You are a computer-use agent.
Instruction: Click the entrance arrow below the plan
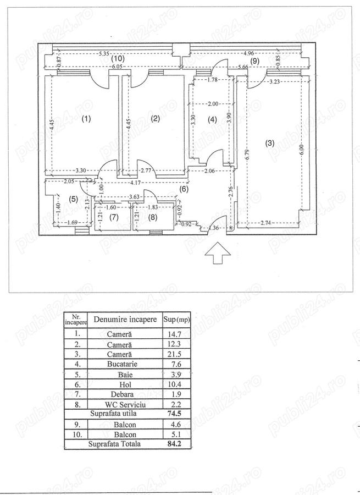pos(218,252)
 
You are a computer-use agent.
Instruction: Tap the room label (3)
pos(269,143)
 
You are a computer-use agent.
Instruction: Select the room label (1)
pos(86,119)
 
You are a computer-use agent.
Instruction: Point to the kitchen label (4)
pos(212,119)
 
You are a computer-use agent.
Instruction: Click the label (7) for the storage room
pos(114,217)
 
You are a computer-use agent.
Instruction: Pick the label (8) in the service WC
pos(152,217)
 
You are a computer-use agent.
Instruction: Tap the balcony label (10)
pos(118,58)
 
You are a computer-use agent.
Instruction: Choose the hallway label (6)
pos(184,189)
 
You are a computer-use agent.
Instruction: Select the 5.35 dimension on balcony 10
pos(104,54)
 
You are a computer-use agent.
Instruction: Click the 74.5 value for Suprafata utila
pos(174,414)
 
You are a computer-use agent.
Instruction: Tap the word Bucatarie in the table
pos(122,364)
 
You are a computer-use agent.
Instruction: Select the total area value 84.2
pos(174,444)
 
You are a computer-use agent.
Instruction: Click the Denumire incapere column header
pos(125,319)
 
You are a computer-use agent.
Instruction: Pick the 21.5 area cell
pos(174,354)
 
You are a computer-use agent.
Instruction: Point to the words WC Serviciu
pos(125,404)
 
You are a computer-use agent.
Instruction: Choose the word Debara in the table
pos(122,394)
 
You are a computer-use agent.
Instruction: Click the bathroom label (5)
pos(73,199)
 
